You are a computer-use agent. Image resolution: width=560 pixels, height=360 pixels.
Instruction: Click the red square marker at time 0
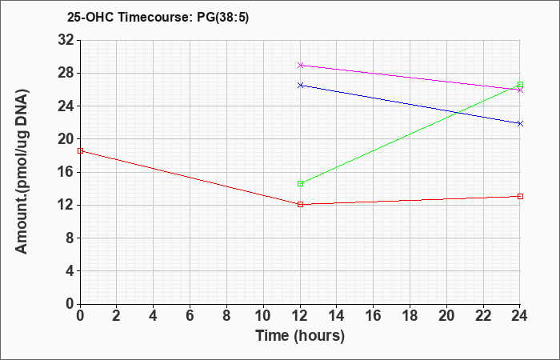(x=80, y=150)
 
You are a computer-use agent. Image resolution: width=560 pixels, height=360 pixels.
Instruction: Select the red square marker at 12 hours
(x=300, y=204)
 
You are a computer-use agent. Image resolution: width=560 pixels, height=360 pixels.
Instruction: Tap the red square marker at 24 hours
(x=520, y=196)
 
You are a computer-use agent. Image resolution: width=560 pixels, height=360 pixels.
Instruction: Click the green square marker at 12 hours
(x=300, y=183)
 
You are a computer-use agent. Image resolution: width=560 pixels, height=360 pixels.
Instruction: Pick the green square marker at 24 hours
(x=520, y=85)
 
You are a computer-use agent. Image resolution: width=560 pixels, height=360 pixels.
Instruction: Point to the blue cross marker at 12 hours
(x=300, y=85)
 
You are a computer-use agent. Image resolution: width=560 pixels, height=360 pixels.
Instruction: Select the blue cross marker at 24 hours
(x=520, y=123)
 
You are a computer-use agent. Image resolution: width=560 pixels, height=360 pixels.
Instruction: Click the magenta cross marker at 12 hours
(x=300, y=65)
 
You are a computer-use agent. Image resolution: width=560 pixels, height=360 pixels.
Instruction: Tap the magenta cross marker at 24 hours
(x=520, y=90)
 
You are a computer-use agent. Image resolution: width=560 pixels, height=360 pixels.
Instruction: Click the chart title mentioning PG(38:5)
(x=158, y=18)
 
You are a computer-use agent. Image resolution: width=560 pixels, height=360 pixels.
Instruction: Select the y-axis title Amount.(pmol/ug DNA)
(x=22, y=171)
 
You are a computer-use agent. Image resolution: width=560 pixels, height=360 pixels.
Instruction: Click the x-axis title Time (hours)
(x=300, y=336)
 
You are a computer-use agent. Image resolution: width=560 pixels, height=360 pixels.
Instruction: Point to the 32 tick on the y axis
(x=66, y=40)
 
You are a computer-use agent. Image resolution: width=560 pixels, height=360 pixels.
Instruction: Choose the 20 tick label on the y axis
(x=66, y=139)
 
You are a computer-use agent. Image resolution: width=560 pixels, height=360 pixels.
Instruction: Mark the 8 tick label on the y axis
(x=70, y=238)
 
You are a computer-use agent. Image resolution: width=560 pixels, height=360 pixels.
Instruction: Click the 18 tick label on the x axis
(x=410, y=316)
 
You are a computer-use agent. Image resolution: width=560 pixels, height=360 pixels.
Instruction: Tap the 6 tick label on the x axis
(x=190, y=316)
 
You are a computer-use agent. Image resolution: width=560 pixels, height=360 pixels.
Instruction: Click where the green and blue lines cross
(x=458, y=113)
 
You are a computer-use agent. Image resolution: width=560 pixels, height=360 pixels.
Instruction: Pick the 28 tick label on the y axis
(x=66, y=73)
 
